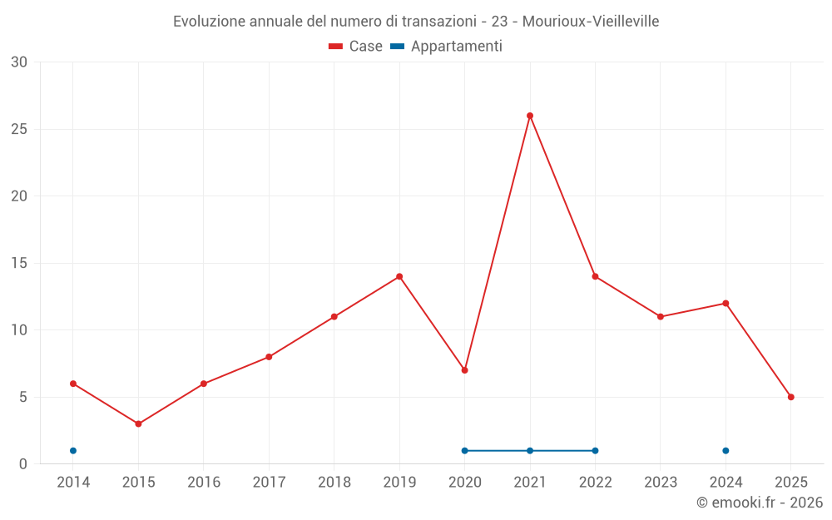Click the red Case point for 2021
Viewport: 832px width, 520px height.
coord(530,116)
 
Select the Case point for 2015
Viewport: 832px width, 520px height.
coord(138,424)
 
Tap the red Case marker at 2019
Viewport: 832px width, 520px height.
coord(399,276)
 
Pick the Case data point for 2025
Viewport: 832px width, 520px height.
coord(791,397)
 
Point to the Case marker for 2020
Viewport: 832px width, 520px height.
coord(464,370)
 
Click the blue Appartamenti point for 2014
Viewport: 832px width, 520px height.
coord(73,451)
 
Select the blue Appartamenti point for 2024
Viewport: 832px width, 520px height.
coord(726,451)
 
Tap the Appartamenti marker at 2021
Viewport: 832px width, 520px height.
coord(530,451)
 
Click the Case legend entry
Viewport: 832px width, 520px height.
coord(356,47)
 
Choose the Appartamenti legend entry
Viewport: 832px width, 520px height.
coord(447,47)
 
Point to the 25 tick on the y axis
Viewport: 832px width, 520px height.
coord(18,129)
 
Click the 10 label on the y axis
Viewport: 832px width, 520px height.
coord(18,330)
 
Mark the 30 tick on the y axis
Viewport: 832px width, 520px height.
coord(18,62)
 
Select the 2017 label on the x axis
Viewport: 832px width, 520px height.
coord(269,483)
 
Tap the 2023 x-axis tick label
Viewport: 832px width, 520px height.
coord(661,483)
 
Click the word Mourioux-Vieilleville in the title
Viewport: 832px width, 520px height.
coord(591,22)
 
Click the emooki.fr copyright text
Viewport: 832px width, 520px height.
coord(760,503)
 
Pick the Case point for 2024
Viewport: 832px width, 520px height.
coord(726,303)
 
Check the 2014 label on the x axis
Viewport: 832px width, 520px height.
coord(73,483)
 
